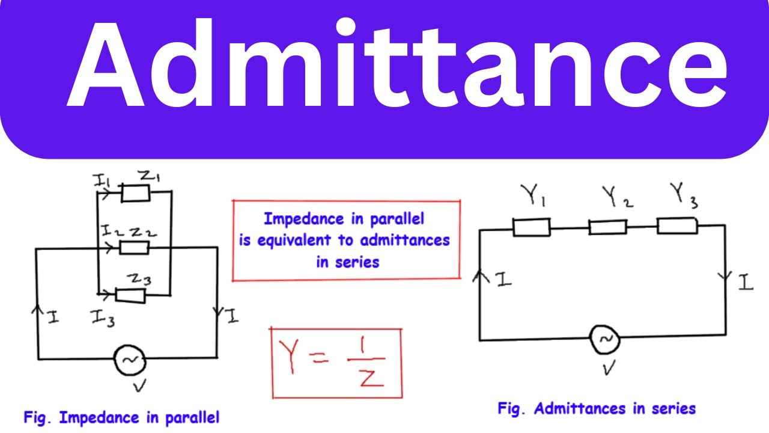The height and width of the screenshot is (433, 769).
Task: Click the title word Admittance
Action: (397, 63)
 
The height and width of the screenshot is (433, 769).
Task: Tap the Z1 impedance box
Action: (136, 194)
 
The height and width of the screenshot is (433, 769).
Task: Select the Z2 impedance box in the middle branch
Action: (134, 247)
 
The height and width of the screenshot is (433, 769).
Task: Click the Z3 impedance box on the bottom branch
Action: (130, 295)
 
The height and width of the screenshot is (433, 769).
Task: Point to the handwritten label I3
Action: (103, 318)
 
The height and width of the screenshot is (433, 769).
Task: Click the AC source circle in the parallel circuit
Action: (130, 360)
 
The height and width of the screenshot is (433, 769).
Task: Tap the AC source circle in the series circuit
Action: (604, 340)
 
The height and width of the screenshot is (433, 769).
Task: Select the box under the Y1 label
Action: (532, 227)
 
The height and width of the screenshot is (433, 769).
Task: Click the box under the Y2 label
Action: (607, 227)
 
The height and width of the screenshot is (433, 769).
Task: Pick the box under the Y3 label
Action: (677, 226)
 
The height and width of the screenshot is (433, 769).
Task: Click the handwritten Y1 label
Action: (533, 195)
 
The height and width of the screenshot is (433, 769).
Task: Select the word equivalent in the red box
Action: (294, 241)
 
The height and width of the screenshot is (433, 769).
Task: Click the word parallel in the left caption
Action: (192, 418)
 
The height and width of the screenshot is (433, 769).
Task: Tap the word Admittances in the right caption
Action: (580, 409)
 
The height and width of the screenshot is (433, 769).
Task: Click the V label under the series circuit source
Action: (609, 367)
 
